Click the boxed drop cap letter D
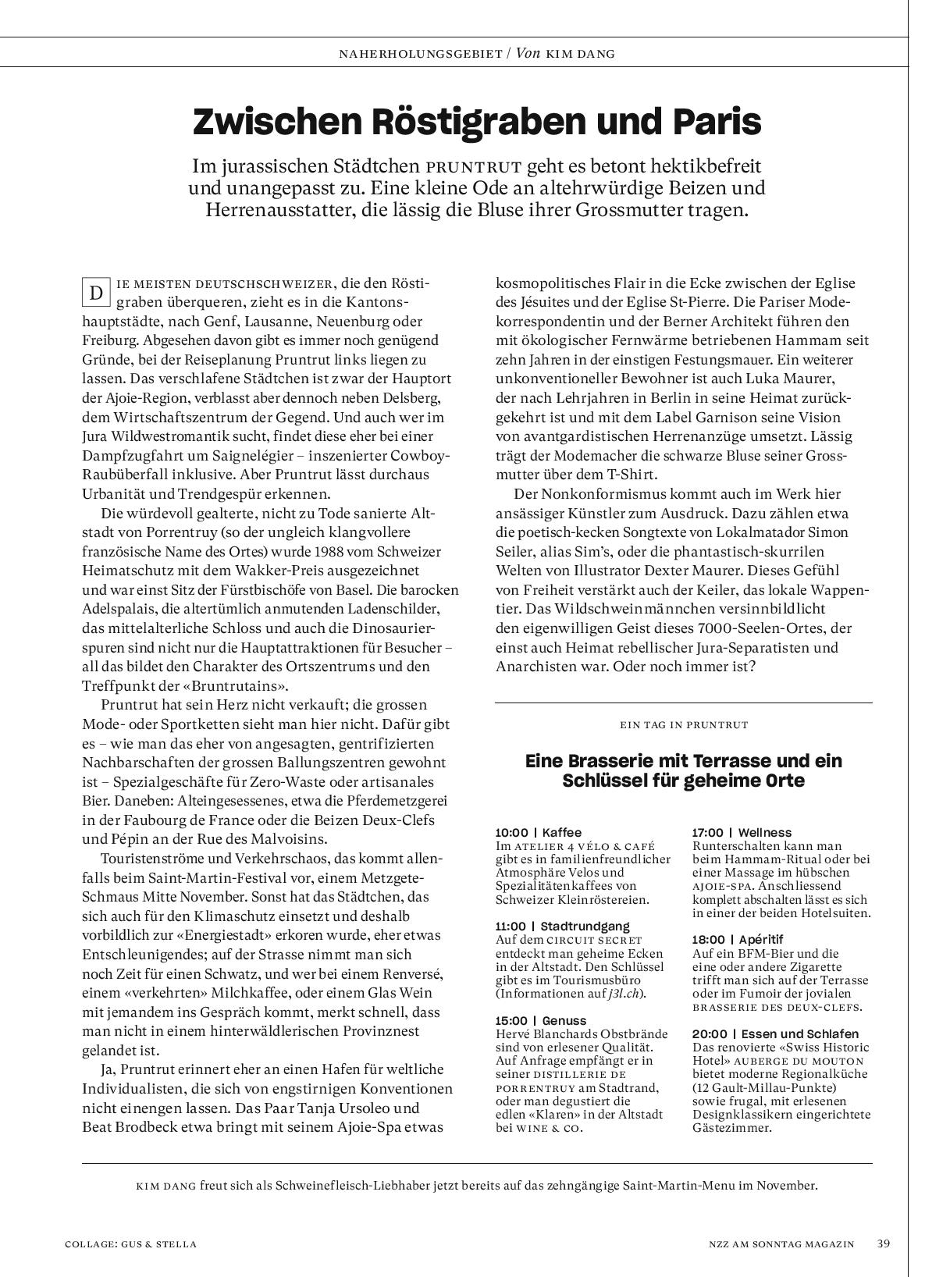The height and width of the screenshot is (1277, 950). point(96,293)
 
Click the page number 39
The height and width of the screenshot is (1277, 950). point(883,1243)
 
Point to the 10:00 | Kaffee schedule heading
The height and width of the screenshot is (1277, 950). point(539,833)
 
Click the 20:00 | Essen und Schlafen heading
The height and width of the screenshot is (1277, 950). point(775,1033)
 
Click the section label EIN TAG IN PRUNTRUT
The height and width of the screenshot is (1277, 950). point(684,724)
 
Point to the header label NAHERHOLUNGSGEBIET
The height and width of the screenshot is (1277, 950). point(420,54)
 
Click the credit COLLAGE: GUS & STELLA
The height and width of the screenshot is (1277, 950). point(130,1244)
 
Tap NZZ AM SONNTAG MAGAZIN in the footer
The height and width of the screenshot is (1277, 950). point(776,1244)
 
